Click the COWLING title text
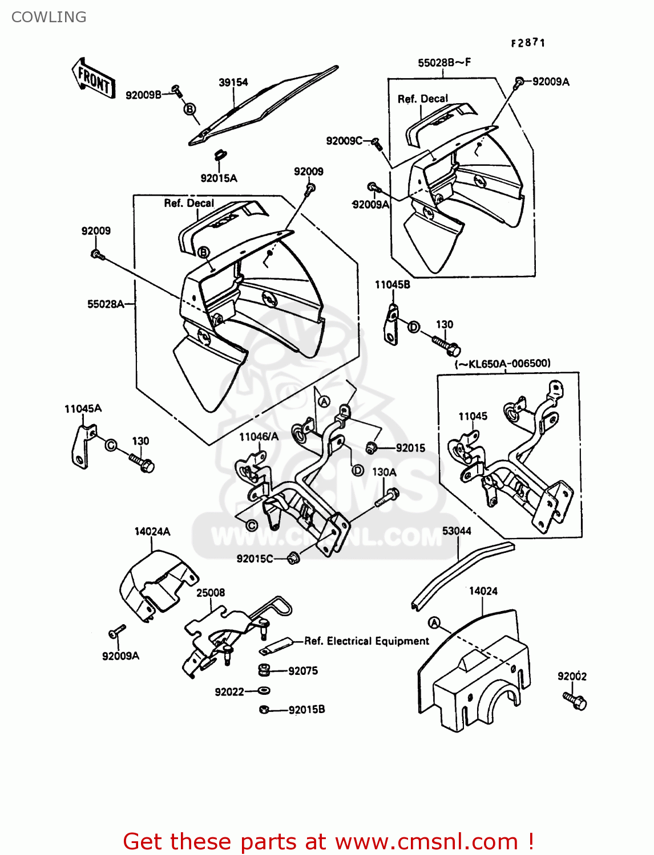(49, 17)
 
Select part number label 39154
(233, 83)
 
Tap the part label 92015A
(219, 178)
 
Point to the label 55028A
(106, 304)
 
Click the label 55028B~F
(444, 63)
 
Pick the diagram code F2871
(528, 43)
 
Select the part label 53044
(457, 531)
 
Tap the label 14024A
(152, 532)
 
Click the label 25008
(211, 593)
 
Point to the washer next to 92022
(264, 691)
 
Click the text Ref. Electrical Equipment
(366, 641)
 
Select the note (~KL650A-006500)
(502, 364)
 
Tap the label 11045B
(392, 284)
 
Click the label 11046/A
(259, 437)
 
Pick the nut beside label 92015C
(293, 559)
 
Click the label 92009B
(143, 95)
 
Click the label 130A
(384, 473)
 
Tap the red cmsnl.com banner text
(328, 841)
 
